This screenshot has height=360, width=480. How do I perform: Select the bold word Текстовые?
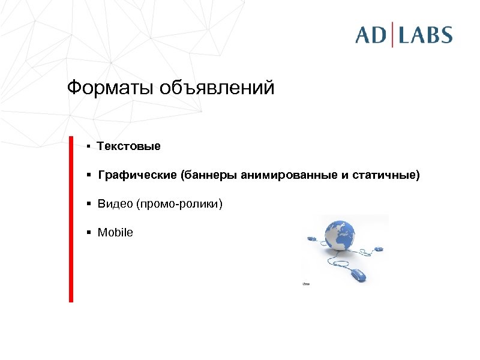click(x=129, y=146)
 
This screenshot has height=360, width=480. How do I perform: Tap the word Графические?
click(x=137, y=176)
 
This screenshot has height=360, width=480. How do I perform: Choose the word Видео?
click(x=115, y=205)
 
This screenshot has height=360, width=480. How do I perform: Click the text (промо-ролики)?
click(x=179, y=205)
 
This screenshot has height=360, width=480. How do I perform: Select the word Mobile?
click(x=115, y=232)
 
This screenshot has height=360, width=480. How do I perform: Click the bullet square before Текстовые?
click(x=88, y=146)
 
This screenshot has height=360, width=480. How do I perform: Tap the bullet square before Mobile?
click(x=88, y=232)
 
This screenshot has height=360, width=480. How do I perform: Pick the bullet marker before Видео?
click(x=88, y=205)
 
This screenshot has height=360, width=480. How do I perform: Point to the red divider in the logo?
click(x=393, y=34)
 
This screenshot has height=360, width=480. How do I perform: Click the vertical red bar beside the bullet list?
click(x=71, y=219)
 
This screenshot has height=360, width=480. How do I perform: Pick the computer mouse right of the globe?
click(x=378, y=248)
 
